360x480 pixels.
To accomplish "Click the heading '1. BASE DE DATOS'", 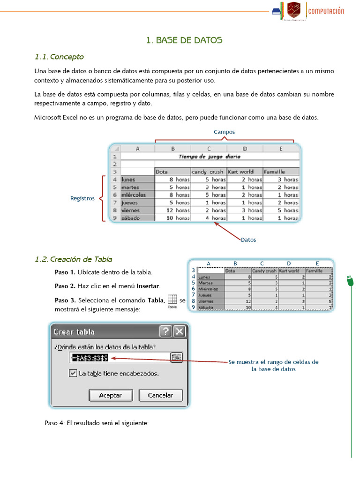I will (184, 40).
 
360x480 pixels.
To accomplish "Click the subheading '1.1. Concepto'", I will (59, 57).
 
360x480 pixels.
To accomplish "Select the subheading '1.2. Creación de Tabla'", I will (73, 259).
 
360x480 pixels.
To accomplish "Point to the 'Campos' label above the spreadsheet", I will (224, 132).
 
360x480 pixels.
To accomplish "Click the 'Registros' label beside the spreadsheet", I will (82, 198).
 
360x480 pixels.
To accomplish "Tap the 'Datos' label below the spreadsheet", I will (248, 240).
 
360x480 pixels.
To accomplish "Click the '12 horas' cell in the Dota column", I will (172, 210).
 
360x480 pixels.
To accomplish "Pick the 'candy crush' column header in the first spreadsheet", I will (208, 172).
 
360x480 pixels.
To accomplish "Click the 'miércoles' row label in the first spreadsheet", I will (134, 195).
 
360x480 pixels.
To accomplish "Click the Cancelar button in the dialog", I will (160, 395).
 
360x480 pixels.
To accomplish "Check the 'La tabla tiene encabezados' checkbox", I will (73, 374).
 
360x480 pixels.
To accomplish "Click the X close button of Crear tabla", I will (179, 332).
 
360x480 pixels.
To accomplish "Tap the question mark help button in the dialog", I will (165, 332).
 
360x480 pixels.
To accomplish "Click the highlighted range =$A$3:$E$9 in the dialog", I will (90, 358).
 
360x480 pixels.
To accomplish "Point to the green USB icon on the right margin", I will (350, 281).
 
